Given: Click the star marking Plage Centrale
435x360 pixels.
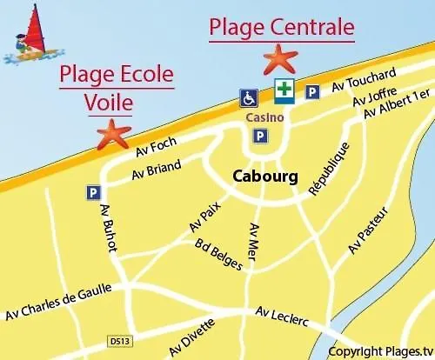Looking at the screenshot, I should pyautogui.click(x=280, y=60).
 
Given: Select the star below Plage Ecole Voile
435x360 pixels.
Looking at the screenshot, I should pyautogui.click(x=113, y=133).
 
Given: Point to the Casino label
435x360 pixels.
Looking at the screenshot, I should pyautogui.click(x=259, y=116).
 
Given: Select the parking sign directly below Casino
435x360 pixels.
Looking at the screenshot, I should pyautogui.click(x=259, y=136).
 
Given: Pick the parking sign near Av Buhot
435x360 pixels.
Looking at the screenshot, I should pyautogui.click(x=92, y=192).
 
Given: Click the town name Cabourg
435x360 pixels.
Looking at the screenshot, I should pyautogui.click(x=265, y=177).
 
